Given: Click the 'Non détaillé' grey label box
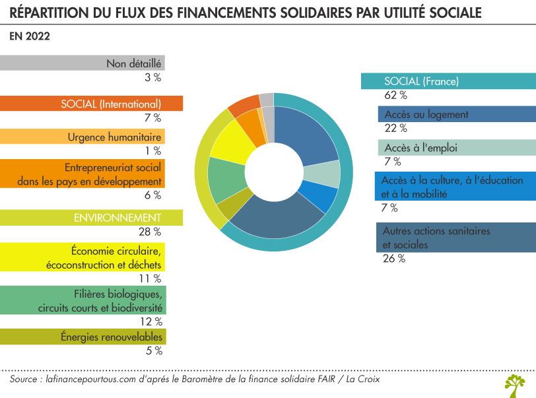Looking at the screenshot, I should coord(82,63).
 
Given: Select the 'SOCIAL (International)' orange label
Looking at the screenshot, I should coord(91,104).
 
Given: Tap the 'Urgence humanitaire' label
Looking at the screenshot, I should coord(82,137).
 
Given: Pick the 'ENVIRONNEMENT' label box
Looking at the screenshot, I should coord(91,217).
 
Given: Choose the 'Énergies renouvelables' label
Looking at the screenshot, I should coord(82,337).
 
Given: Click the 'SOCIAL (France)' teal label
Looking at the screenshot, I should coord(448,81).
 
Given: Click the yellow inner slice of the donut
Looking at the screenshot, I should coord(226,141).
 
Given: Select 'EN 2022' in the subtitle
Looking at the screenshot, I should coord(30,36).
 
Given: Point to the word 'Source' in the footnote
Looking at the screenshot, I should coord(24,380).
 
